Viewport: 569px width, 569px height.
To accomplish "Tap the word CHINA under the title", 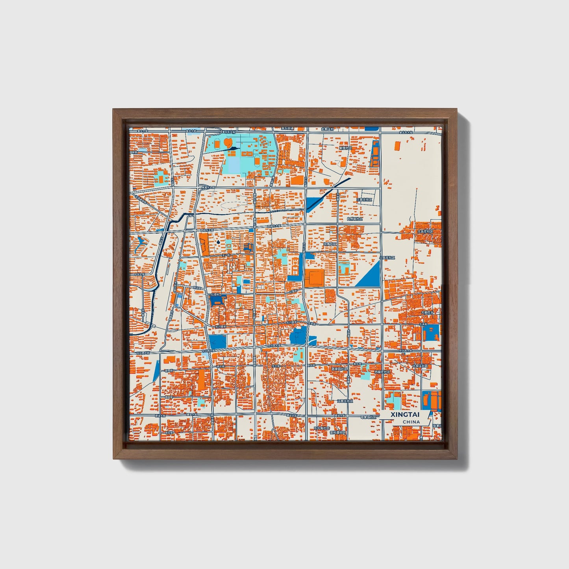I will click(x=411, y=422).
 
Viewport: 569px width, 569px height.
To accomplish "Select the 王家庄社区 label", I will click(x=364, y=200).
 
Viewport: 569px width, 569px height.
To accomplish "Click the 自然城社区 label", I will click(x=354, y=219).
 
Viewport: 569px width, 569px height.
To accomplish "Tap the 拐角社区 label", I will click(x=330, y=244).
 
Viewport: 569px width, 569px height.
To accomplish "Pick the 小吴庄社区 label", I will click(x=387, y=258).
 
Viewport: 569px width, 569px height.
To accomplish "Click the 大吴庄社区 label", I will click(x=425, y=232).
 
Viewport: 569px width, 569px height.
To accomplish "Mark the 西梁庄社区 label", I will click(x=382, y=372).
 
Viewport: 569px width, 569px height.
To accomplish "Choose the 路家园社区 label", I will click(x=339, y=369).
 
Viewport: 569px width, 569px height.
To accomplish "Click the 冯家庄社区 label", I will click(x=345, y=401).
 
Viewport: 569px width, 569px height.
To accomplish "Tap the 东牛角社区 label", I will click(x=321, y=427).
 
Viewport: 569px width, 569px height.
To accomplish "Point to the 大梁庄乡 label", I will click(x=429, y=312).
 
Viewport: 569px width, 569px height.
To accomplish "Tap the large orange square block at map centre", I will click(x=314, y=278).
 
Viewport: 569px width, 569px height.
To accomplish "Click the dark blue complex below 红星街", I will click(x=218, y=301).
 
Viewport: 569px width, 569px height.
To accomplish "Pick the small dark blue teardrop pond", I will click(x=218, y=241).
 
